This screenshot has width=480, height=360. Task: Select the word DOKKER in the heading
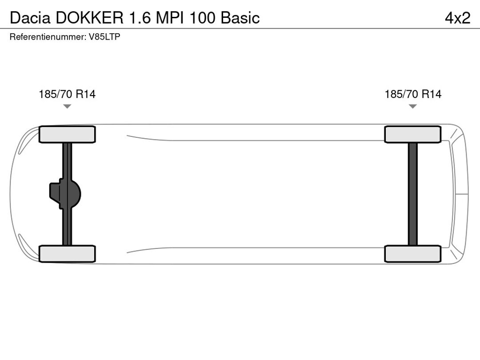click(x=90, y=18)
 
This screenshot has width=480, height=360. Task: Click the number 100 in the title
click(x=203, y=18)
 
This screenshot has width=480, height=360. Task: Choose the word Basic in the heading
click(x=240, y=18)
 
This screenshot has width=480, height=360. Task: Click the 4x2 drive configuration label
click(x=457, y=18)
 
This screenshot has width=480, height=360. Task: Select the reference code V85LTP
click(x=104, y=37)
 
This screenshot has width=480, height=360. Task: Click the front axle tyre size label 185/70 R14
click(x=67, y=94)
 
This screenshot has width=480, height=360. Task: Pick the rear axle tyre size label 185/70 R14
click(x=413, y=94)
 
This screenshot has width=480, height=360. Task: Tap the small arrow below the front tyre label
click(x=67, y=106)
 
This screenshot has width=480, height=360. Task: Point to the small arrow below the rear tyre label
click(x=413, y=106)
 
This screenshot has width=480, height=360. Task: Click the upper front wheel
click(x=67, y=134)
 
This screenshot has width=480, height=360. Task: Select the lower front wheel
click(x=67, y=253)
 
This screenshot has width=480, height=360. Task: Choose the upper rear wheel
click(x=413, y=134)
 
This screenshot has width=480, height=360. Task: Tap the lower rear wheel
click(x=413, y=253)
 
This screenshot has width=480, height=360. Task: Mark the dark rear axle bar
click(x=413, y=194)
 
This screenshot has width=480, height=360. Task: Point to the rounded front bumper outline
click(x=12, y=194)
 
